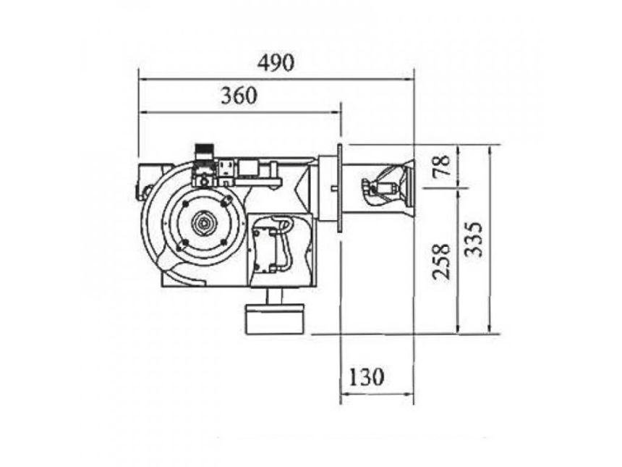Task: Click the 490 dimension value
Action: (276, 63)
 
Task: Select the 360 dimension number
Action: (239, 96)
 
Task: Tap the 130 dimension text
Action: (366, 376)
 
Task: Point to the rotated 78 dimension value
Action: (441, 165)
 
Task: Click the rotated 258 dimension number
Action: (441, 261)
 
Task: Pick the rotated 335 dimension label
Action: (474, 240)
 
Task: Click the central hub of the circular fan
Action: (204, 224)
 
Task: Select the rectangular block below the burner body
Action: (275, 319)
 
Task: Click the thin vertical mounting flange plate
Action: (339, 188)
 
